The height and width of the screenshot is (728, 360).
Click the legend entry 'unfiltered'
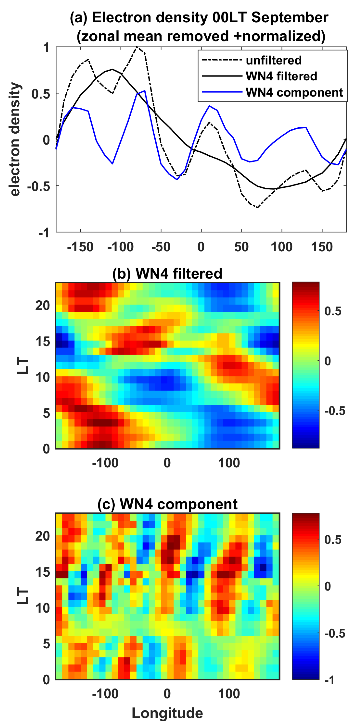click(x=273, y=60)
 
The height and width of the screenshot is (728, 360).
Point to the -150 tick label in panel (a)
click(x=80, y=247)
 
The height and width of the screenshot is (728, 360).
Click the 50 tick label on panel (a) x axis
click(x=241, y=247)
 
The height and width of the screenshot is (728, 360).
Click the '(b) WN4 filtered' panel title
click(x=167, y=274)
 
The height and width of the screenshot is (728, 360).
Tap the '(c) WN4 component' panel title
click(x=167, y=504)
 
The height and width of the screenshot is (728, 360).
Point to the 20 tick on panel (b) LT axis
click(x=43, y=306)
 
